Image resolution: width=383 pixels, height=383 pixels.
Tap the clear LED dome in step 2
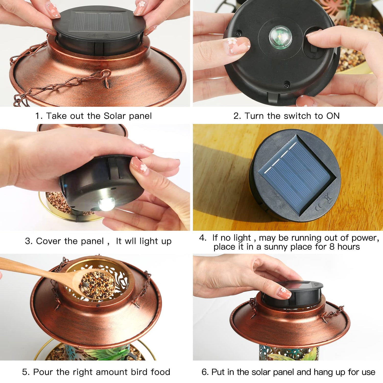click(280, 37)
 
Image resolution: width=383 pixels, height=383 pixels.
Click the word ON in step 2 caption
click(333, 116)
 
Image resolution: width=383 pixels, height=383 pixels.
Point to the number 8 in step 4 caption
click(332, 247)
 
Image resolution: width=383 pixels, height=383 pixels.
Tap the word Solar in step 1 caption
click(115, 116)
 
